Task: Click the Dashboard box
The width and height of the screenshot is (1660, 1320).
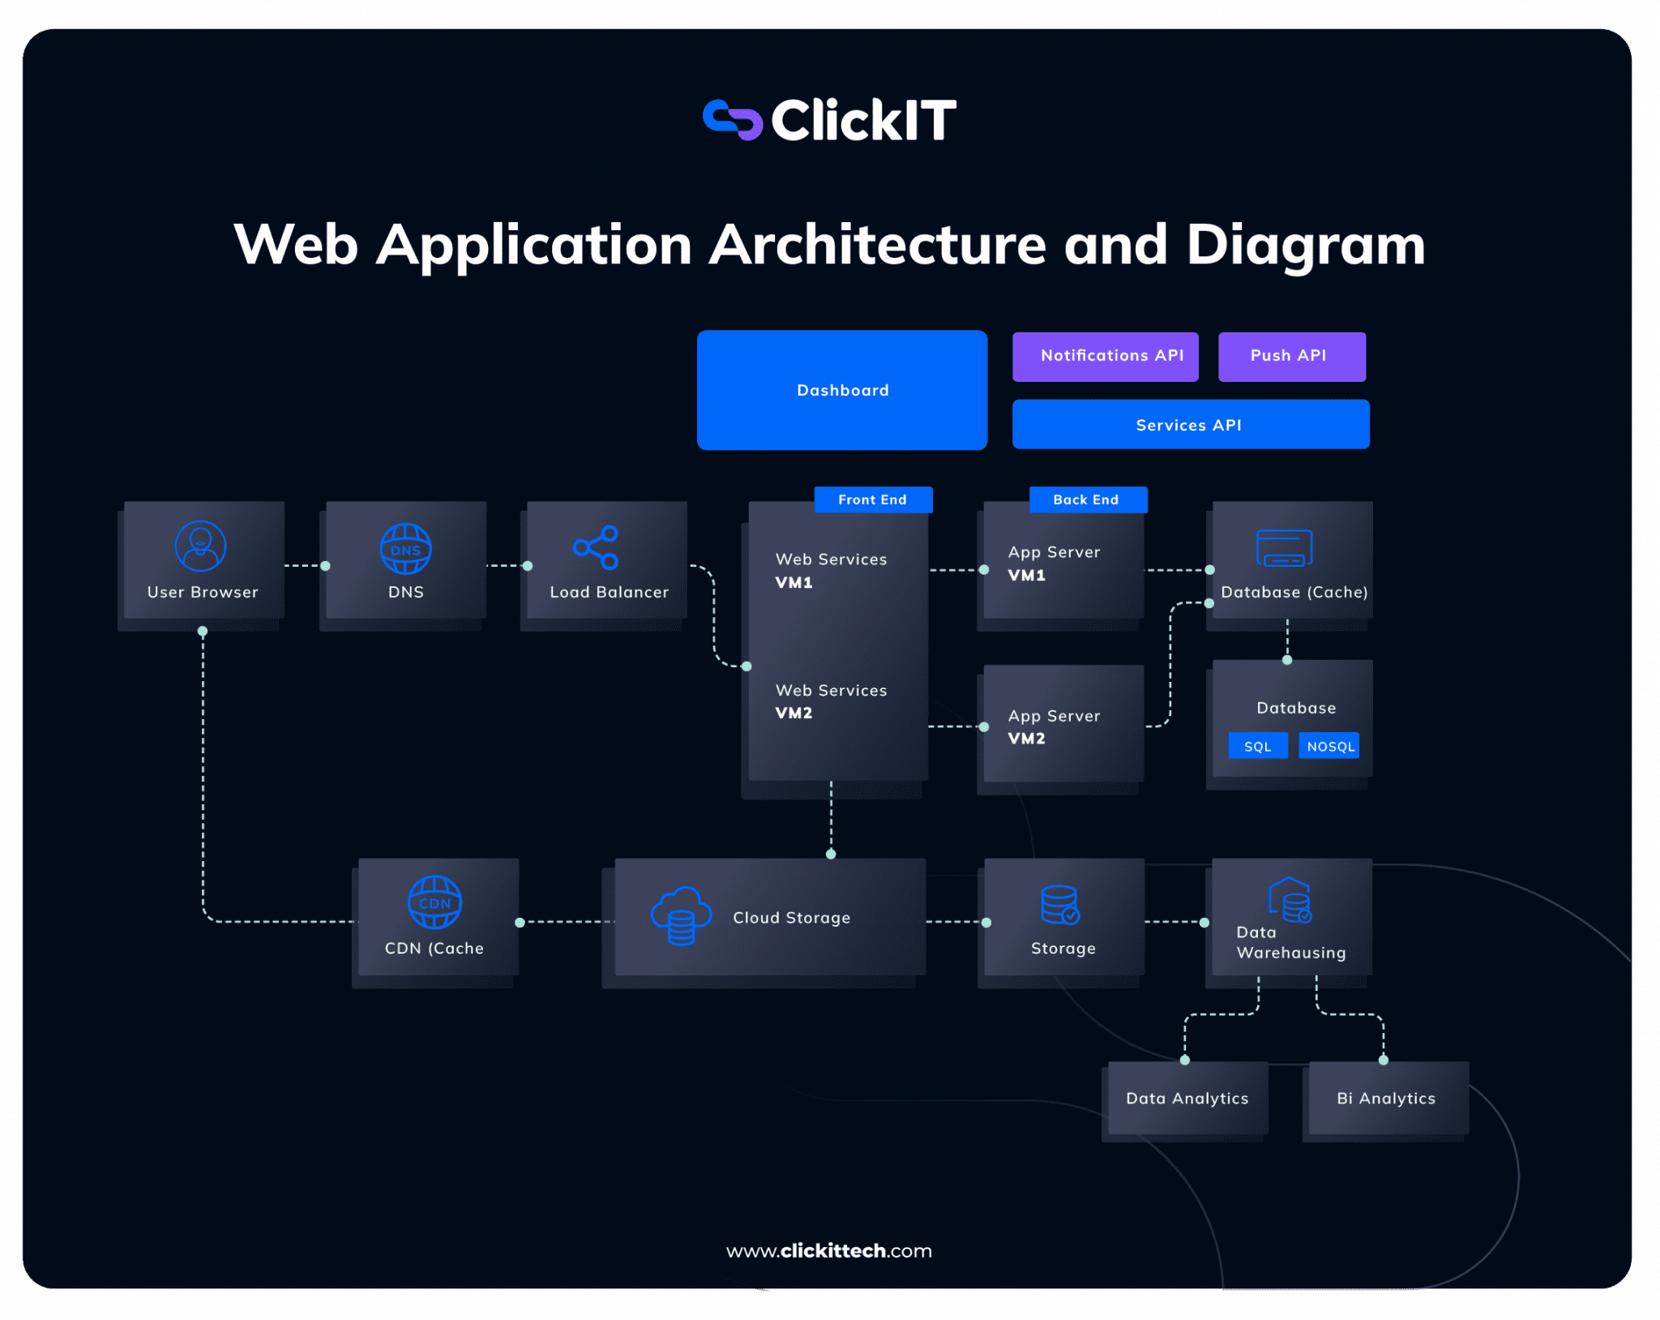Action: click(x=841, y=390)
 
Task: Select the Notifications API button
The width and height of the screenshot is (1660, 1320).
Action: click(x=1105, y=356)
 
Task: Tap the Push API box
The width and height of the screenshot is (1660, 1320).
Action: click(x=1291, y=356)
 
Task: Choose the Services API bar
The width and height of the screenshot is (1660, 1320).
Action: click(x=1190, y=424)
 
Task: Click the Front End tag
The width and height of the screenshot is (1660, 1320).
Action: click(x=873, y=499)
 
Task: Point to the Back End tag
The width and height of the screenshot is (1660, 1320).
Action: click(x=1087, y=499)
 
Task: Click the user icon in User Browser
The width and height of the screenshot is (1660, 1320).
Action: click(x=200, y=546)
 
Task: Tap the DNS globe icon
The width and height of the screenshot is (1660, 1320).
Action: click(x=405, y=549)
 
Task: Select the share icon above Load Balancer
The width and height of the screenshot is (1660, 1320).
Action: click(x=596, y=547)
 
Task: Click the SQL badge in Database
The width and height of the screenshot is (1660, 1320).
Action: click(x=1257, y=746)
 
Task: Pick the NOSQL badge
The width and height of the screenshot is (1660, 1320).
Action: click(x=1329, y=746)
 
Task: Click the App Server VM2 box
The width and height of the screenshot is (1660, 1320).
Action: click(x=1063, y=724)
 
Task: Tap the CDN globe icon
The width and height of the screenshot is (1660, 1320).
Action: click(x=434, y=902)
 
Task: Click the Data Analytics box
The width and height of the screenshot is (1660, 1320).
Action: click(x=1186, y=1098)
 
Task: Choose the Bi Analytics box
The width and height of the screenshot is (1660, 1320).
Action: click(x=1387, y=1098)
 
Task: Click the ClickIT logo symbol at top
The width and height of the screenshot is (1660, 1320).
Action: click(x=732, y=120)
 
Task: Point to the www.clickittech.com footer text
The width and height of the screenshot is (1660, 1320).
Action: click(x=829, y=1250)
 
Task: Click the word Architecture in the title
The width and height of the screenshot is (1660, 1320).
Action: click(x=877, y=244)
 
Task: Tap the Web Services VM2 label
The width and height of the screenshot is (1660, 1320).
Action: click(x=830, y=701)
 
